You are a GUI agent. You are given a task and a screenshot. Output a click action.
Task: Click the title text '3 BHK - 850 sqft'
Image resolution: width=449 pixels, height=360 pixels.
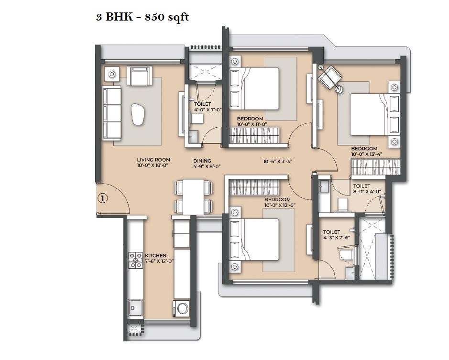(x=142, y=17)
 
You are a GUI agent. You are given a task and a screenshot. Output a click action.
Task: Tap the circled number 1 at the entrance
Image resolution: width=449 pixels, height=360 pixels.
(x=103, y=198)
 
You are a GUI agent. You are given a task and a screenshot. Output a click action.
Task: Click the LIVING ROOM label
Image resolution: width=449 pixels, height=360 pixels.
(x=153, y=160)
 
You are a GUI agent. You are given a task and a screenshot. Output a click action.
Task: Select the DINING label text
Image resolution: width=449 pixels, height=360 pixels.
(x=202, y=161)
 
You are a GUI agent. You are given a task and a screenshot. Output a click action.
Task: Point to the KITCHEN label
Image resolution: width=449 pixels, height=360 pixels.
(x=155, y=255)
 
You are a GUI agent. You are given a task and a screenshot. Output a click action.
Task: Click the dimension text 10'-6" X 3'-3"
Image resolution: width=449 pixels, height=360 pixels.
(x=277, y=162)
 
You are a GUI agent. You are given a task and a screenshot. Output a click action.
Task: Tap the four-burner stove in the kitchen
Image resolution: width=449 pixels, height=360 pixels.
(x=135, y=260)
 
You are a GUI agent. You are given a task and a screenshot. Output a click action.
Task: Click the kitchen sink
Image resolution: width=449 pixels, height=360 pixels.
(x=135, y=308)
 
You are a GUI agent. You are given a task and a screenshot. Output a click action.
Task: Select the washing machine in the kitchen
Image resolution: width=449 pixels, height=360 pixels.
(x=181, y=308)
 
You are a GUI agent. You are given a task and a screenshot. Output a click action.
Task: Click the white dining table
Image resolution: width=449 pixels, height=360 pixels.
(x=194, y=197)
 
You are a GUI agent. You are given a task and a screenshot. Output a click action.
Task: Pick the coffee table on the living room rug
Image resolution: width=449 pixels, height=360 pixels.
(x=138, y=114)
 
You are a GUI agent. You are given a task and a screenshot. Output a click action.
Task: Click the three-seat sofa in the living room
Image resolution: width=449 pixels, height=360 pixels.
(x=111, y=113)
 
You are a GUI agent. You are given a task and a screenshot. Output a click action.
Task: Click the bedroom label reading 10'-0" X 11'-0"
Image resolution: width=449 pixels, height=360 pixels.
(x=252, y=124)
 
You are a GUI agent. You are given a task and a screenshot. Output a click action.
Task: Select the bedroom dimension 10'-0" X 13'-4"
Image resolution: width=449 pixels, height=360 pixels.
(x=367, y=154)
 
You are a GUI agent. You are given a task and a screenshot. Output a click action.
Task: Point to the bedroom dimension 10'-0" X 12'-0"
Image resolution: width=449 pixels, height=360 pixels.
(x=280, y=205)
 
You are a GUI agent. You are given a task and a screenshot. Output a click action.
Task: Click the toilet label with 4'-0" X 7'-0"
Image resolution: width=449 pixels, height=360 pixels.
(x=208, y=109)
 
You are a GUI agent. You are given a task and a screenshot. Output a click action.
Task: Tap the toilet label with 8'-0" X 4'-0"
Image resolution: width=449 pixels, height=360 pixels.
(x=367, y=191)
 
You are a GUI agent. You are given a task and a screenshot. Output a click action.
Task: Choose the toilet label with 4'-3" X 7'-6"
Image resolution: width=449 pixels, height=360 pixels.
(x=337, y=237)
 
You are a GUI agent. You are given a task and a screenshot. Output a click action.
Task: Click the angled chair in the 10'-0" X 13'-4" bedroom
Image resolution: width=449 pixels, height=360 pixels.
(x=331, y=77)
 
